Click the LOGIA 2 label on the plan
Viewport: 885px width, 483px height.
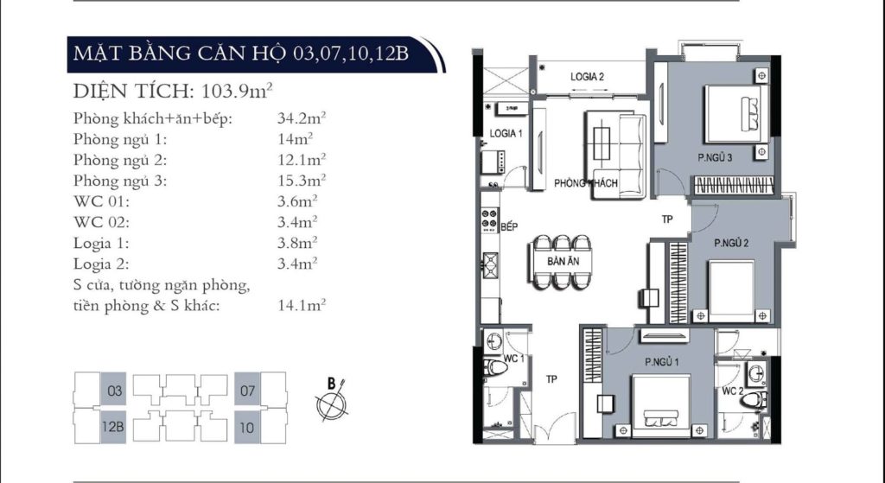click(587, 77)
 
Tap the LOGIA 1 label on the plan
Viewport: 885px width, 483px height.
click(506, 133)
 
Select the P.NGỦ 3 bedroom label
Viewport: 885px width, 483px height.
click(716, 157)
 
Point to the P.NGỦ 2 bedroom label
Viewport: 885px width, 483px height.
click(731, 243)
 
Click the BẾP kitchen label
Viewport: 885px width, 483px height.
click(508, 226)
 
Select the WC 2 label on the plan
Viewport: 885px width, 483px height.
click(733, 391)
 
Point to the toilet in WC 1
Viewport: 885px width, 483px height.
click(496, 370)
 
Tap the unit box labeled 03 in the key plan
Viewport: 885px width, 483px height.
click(115, 391)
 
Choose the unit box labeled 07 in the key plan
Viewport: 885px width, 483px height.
click(248, 391)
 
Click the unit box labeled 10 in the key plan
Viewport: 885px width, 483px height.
click(248, 427)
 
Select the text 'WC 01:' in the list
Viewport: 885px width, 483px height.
click(101, 201)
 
